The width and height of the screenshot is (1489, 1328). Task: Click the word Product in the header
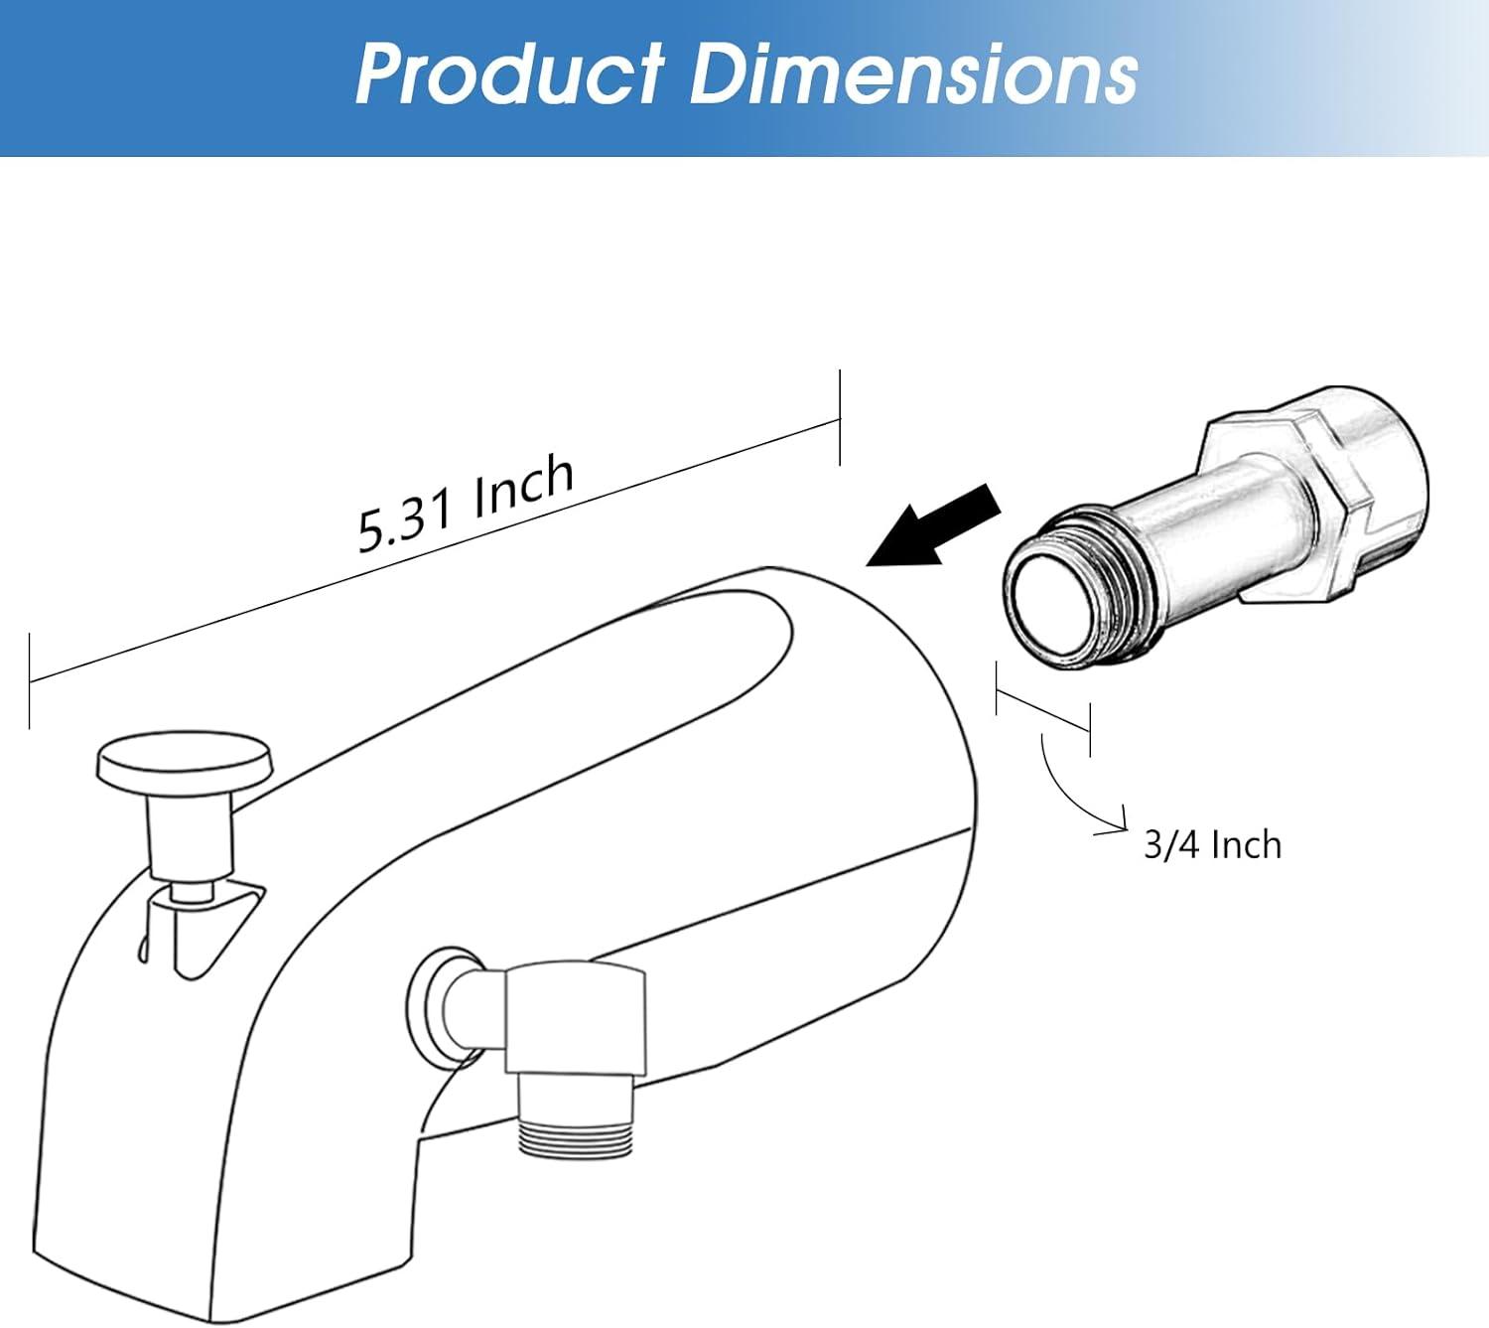508,74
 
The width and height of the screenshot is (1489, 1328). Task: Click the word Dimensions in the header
913,74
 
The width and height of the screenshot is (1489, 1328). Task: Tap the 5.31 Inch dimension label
467,504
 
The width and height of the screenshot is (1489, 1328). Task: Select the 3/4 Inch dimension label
1212,845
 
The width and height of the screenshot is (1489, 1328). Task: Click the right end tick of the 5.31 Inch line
840,417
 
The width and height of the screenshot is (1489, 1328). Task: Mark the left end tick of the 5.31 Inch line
30,681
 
